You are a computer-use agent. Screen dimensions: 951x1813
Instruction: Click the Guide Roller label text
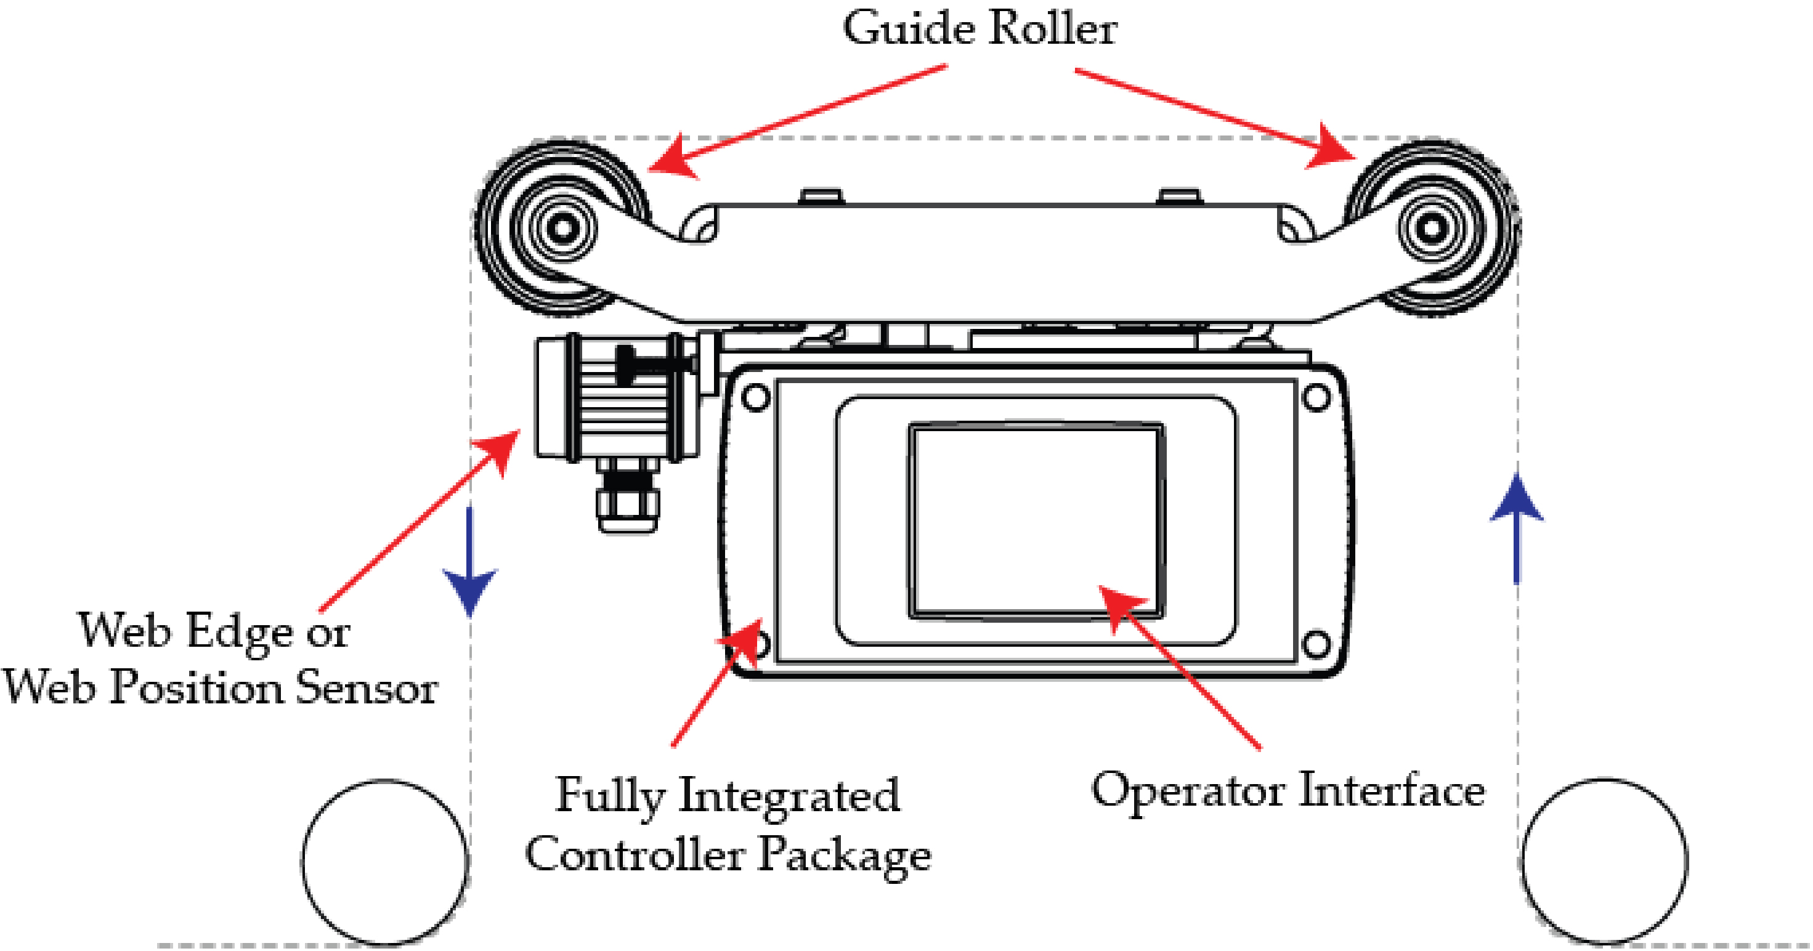[x=980, y=30]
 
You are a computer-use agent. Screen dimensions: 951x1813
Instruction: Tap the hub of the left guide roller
[x=562, y=229]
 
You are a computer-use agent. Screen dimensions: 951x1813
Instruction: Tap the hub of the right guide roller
[x=1431, y=229]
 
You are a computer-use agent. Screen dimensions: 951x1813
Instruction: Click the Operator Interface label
[x=1288, y=790]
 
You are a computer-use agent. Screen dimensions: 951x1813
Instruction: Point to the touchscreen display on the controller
[x=1034, y=521]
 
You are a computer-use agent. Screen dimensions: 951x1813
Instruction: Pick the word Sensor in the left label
[x=366, y=688]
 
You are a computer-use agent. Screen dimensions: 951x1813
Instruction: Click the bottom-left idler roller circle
[x=385, y=862]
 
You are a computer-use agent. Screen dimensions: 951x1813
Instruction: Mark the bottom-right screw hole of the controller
[x=1316, y=644]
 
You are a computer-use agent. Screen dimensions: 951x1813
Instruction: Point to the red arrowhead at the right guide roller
[x=1330, y=149]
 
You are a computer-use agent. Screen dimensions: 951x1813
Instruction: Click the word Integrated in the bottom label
[x=789, y=795]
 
